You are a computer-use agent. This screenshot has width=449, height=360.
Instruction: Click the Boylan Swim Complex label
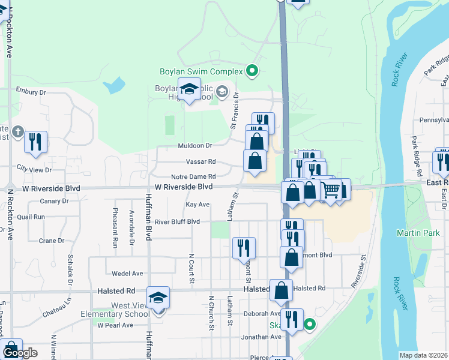pos(201,71)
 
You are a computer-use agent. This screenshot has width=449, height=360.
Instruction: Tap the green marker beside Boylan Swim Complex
pos(253,71)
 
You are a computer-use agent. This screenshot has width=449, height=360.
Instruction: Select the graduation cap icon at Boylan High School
pos(190,89)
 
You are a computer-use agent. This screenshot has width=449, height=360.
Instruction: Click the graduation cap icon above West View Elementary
pos(159,298)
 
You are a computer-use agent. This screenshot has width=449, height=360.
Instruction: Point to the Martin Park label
pos(414,232)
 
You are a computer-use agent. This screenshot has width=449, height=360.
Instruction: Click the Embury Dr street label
pos(31,92)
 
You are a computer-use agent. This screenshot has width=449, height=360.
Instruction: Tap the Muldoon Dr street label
pos(195,146)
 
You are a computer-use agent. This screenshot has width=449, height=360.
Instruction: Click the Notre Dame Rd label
pos(193,176)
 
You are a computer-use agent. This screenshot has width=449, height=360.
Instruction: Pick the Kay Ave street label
pos(197,205)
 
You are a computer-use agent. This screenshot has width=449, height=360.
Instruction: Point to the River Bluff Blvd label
pos(177,221)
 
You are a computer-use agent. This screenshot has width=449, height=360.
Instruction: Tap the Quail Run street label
pos(31,217)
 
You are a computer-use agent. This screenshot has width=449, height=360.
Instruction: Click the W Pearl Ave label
pos(113,325)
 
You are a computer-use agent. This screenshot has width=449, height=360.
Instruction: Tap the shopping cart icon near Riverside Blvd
pos(331,190)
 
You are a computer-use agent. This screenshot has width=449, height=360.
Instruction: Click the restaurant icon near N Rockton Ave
pos(35,142)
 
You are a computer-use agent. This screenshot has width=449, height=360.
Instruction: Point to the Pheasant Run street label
pos(115,228)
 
